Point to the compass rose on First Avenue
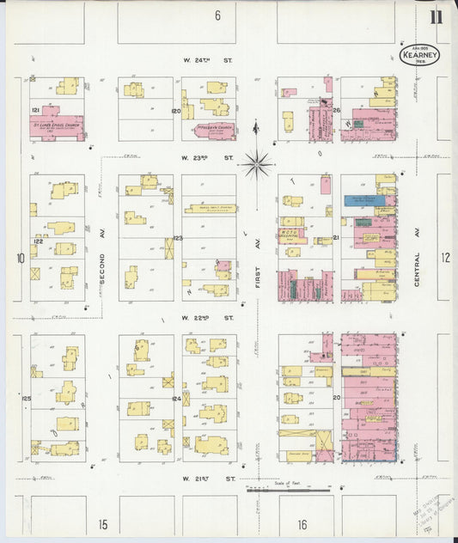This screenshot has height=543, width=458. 257,162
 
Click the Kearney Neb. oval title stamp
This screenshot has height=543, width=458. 420,54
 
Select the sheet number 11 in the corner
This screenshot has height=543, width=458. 437,15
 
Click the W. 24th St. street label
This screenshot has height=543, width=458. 208,61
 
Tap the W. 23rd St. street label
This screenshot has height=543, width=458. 208,158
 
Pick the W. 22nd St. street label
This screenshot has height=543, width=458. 208,318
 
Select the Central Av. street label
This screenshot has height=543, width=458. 417,257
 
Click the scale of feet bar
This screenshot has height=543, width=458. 287,491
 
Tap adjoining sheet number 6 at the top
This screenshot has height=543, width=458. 218,15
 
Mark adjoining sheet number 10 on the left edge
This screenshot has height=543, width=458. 19,257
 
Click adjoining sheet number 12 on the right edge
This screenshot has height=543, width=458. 445,257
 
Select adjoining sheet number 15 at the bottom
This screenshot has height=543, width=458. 103,523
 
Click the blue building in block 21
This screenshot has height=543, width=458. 364,200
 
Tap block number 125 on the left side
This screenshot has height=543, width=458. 27,399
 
